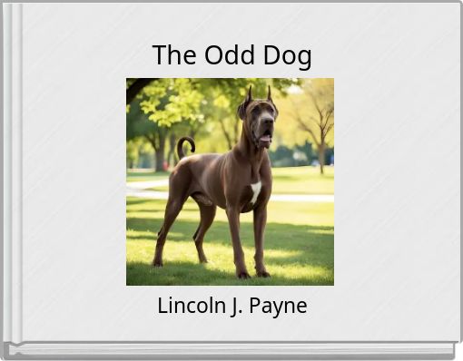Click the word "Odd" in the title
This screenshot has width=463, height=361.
[231, 55]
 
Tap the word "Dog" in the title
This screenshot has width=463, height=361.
[287, 56]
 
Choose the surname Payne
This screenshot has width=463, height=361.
[277, 307]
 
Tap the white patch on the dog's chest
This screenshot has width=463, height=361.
[255, 190]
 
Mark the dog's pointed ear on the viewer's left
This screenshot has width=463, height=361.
[249, 93]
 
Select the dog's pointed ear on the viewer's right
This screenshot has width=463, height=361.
[269, 93]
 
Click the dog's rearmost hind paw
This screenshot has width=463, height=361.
[157, 262]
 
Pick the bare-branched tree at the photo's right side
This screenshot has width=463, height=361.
[318, 122]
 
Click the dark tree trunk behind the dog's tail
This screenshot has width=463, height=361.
[161, 154]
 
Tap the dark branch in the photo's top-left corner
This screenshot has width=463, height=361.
[136, 87]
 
